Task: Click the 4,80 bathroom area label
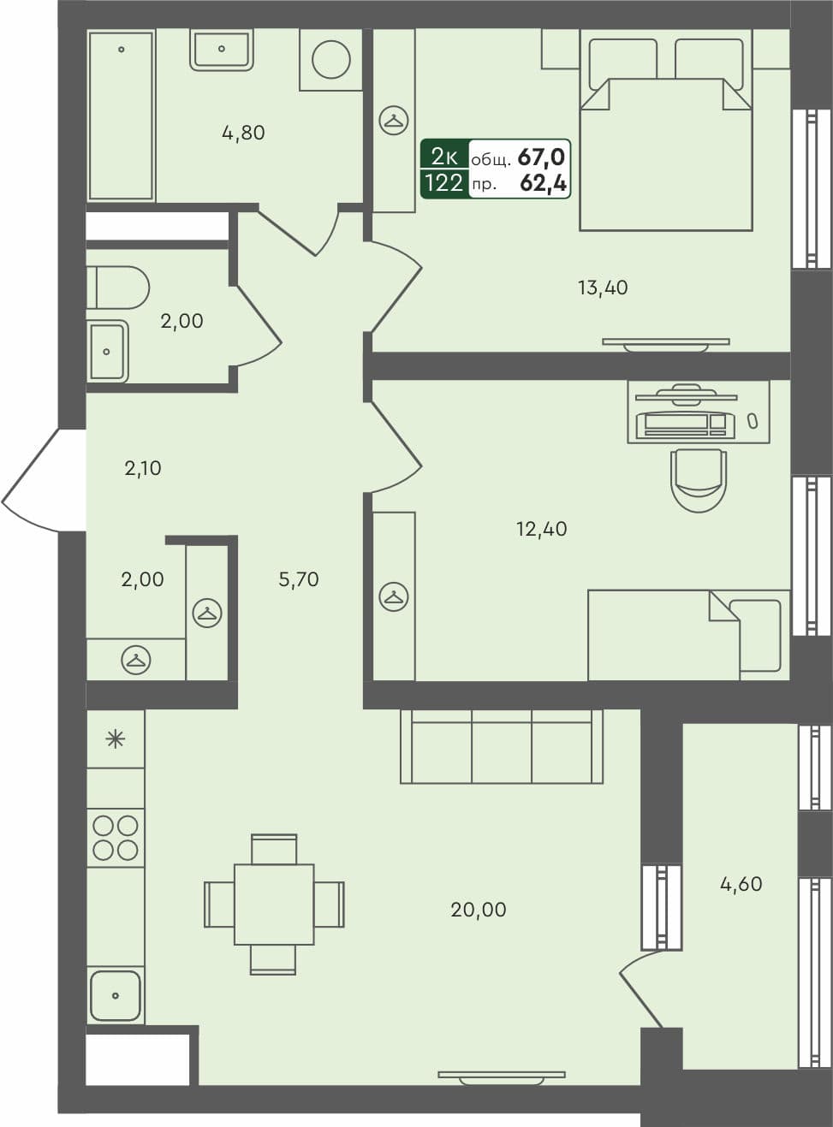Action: tap(243, 133)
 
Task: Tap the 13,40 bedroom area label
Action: tap(603, 288)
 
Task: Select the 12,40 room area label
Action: tap(541, 529)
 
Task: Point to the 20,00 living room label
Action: tap(479, 910)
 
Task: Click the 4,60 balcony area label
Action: tap(741, 884)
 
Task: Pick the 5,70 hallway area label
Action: tap(299, 579)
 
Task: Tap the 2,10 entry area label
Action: tap(143, 468)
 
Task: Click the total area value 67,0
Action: tap(541, 157)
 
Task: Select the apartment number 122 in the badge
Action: tap(443, 182)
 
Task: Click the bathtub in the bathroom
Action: tap(121, 115)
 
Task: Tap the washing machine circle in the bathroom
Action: tap(331, 60)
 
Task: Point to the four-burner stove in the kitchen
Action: tap(116, 838)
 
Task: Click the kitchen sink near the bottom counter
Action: tap(115, 995)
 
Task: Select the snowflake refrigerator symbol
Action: tap(116, 738)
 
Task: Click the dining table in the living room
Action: tap(274, 905)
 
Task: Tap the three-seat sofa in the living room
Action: tap(502, 746)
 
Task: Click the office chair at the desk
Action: tap(699, 479)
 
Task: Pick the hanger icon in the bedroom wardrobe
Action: tap(394, 120)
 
